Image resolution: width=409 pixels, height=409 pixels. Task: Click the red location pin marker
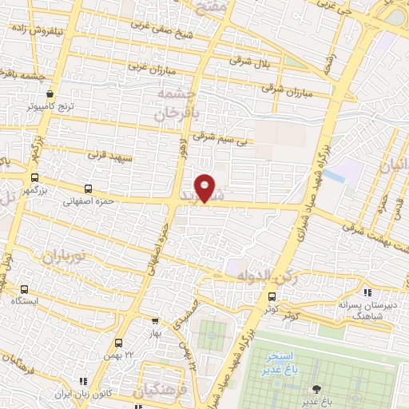205,188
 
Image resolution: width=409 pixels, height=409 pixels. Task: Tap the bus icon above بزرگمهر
34,178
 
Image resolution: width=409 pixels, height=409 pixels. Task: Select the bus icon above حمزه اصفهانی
88,190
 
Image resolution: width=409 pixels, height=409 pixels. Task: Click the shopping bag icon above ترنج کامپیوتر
50,93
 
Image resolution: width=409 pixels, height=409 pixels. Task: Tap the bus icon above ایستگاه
24,289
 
